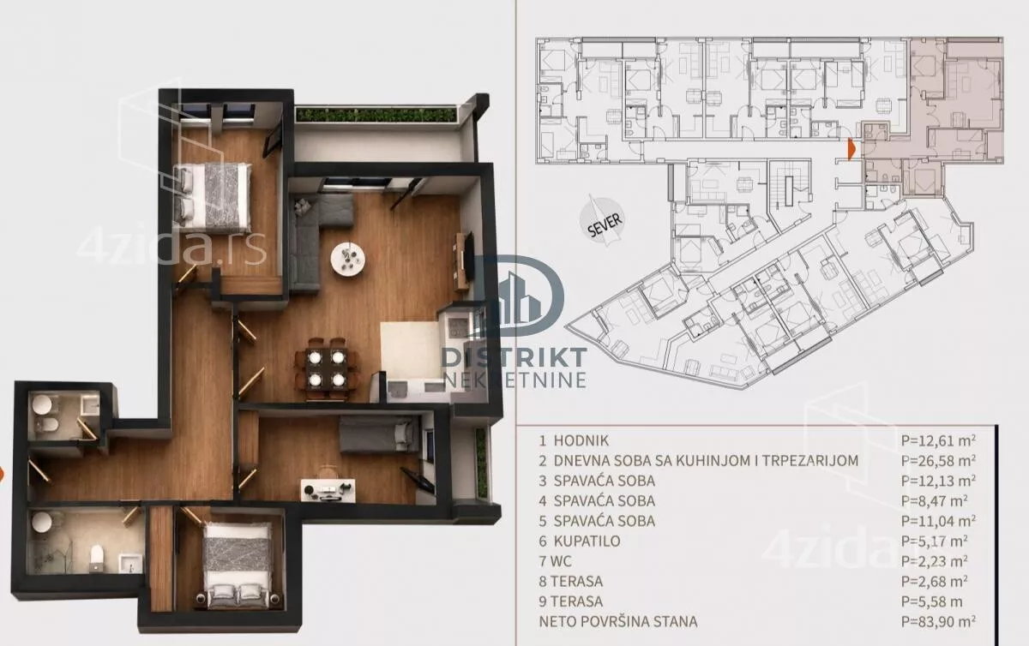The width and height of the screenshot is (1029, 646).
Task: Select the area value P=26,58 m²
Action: [x=938, y=460]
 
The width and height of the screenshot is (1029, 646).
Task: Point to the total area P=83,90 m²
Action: [x=938, y=622]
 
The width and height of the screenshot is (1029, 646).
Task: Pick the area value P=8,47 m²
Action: [x=935, y=501]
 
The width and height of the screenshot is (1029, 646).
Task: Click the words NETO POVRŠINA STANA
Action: [x=618, y=622]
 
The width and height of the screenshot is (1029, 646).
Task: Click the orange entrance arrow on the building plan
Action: [x=851, y=149]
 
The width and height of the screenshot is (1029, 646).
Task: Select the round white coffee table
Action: [x=349, y=260]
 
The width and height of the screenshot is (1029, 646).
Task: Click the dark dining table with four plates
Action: [x=327, y=368]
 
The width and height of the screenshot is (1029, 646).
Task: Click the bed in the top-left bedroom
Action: [x=213, y=197]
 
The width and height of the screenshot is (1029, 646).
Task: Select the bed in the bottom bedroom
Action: [x=238, y=565]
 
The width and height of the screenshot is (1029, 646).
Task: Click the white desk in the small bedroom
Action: [x=328, y=490]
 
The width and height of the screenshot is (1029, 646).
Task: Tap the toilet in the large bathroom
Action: [x=96, y=558]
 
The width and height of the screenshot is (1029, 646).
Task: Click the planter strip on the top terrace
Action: [x=376, y=114]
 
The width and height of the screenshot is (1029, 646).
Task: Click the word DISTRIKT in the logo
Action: [x=514, y=358]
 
